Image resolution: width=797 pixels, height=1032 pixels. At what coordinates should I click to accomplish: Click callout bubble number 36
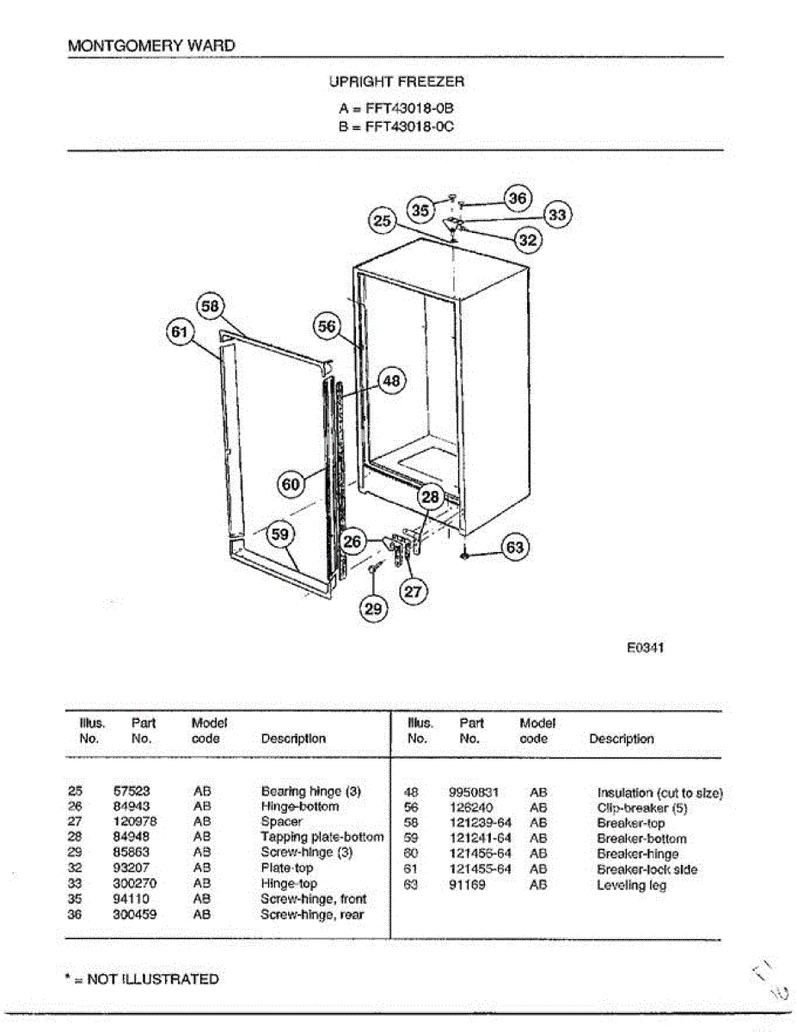click(517, 198)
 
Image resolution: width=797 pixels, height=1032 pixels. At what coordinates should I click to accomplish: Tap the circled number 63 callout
click(514, 547)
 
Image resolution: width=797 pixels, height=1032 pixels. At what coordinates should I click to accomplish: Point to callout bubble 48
click(391, 380)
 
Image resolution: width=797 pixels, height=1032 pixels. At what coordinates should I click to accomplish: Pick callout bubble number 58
click(211, 306)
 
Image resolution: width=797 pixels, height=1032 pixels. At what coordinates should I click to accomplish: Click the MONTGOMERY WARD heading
click(150, 46)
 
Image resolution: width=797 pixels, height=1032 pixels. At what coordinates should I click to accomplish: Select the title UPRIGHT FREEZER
click(396, 82)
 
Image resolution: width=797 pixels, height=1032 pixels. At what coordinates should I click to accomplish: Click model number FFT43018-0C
click(409, 126)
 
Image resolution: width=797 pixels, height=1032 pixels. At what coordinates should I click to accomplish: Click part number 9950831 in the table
click(474, 792)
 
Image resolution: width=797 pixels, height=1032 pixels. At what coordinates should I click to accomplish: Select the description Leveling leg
click(631, 885)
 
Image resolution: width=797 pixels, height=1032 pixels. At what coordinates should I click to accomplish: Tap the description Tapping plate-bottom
click(322, 837)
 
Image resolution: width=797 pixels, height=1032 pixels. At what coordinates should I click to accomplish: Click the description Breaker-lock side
click(647, 869)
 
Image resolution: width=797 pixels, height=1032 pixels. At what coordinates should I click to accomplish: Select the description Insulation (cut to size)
click(659, 792)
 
